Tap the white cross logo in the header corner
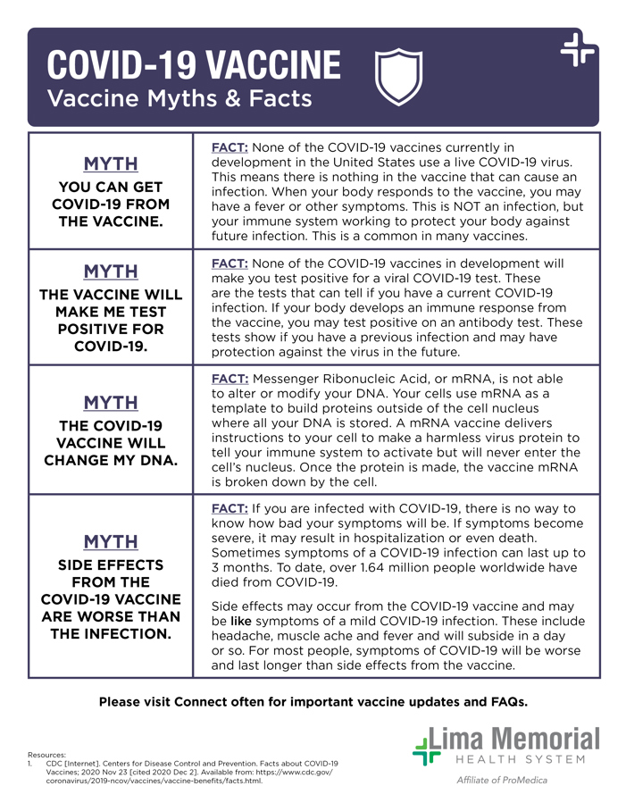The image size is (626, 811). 578,51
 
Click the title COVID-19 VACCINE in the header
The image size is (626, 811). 194,65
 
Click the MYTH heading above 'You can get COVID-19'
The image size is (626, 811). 111,164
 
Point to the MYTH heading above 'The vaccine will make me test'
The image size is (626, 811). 111,272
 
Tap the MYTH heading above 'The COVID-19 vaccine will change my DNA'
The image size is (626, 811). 111,402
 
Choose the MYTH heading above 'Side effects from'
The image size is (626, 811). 111,542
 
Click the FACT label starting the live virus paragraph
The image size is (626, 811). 230,146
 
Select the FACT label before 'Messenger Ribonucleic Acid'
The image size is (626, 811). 230,379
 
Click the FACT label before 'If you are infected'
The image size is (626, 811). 230,508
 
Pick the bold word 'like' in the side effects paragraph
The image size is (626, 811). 241,620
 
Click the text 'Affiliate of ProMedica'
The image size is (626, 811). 502,781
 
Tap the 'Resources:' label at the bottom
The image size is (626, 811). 46,755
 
